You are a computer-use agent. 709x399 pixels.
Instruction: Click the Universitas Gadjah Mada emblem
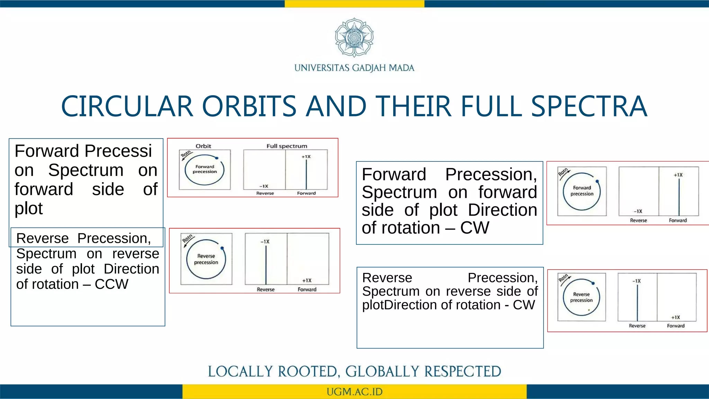click(x=354, y=37)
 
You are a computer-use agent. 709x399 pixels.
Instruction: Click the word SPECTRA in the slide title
click(x=589, y=106)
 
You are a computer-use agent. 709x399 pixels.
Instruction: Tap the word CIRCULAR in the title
click(x=127, y=106)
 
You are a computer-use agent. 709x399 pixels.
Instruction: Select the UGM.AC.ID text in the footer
click(x=354, y=392)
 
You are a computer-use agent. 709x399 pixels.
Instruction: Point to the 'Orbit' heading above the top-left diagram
click(x=203, y=146)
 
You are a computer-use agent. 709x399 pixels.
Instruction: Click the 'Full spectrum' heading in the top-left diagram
click(x=287, y=146)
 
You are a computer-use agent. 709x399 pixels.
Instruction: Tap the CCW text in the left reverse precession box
click(x=111, y=284)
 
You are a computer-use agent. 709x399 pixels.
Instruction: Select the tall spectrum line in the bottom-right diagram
click(x=637, y=301)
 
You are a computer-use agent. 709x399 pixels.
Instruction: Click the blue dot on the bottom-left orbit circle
click(x=222, y=248)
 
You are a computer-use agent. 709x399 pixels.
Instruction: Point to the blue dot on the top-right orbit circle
click(x=597, y=181)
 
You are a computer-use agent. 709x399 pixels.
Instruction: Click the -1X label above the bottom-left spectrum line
click(x=265, y=241)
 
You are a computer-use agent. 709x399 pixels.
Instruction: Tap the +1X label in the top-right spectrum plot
click(x=678, y=175)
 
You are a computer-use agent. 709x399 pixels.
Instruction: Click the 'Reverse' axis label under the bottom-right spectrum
click(x=637, y=326)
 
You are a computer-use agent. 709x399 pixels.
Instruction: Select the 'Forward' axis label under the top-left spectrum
click(x=306, y=193)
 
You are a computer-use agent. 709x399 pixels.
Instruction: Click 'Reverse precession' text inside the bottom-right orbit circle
click(x=581, y=297)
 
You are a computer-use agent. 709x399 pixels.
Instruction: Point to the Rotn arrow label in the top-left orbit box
click(x=186, y=153)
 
